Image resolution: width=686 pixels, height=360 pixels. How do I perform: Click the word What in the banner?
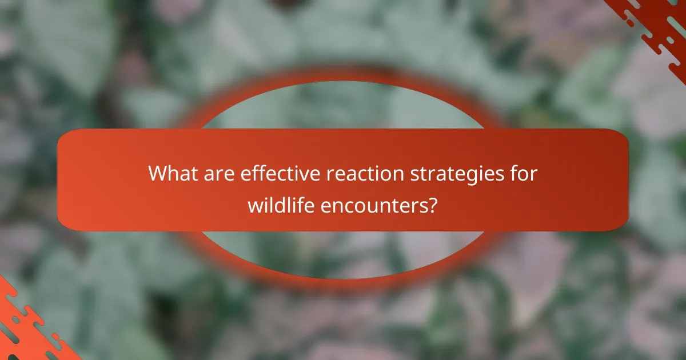172,174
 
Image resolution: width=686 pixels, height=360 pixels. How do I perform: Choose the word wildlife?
281,205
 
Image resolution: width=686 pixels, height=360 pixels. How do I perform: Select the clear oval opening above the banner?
343,106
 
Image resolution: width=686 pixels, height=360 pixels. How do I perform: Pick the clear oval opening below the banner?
343,254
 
